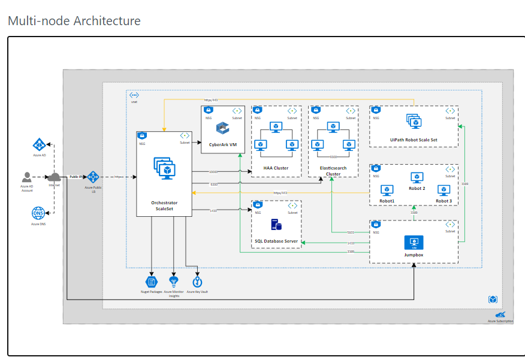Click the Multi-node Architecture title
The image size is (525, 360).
[74, 21]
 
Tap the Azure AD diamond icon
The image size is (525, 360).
[40, 144]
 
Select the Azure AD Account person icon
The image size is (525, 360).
[27, 177]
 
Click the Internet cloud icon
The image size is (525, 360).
[55, 177]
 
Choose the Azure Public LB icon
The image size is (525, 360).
[93, 177]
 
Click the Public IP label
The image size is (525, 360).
[76, 177]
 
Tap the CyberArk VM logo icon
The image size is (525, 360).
[224, 128]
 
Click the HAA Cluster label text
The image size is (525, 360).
[276, 168]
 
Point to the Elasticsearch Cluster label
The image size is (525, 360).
[333, 171]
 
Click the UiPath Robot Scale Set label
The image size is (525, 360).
[414, 140]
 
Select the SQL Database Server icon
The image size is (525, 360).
[276, 225]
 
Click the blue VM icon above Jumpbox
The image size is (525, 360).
[414, 242]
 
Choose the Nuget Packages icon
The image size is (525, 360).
[152, 282]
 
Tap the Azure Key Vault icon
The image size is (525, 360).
[197, 282]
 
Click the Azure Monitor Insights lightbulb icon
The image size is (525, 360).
[174, 282]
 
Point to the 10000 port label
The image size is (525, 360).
[213, 172]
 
